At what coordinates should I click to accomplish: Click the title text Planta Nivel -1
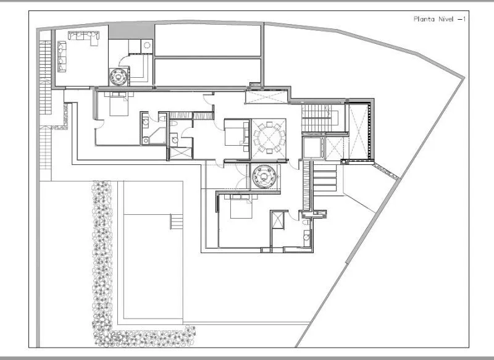pyautogui.click(x=440, y=19)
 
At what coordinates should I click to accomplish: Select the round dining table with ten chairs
pyautogui.click(x=269, y=138)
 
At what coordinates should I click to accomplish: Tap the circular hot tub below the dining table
pyautogui.click(x=264, y=176)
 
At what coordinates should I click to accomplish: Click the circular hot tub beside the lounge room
pyautogui.click(x=119, y=76)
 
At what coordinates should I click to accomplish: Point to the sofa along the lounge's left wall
pyautogui.click(x=62, y=56)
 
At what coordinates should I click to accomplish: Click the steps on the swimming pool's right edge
pyautogui.click(x=177, y=222)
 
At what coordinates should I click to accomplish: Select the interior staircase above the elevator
pyautogui.click(x=320, y=118)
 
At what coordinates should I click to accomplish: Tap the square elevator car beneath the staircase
pyautogui.click(x=314, y=148)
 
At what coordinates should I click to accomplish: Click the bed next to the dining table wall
pyautogui.click(x=237, y=133)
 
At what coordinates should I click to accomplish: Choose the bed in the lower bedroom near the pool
pyautogui.click(x=241, y=206)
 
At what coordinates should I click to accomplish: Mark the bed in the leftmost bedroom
pyautogui.click(x=119, y=104)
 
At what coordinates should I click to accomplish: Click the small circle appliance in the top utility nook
pyautogui.click(x=147, y=45)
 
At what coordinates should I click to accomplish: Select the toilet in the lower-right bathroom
pyautogui.click(x=306, y=223)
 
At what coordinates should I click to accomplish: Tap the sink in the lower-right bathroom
pyautogui.click(x=306, y=237)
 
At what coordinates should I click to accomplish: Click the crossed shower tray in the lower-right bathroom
pyautogui.click(x=277, y=220)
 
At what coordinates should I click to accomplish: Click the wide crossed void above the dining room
pyautogui.click(x=267, y=97)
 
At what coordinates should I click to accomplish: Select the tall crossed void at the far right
pyautogui.click(x=359, y=132)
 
